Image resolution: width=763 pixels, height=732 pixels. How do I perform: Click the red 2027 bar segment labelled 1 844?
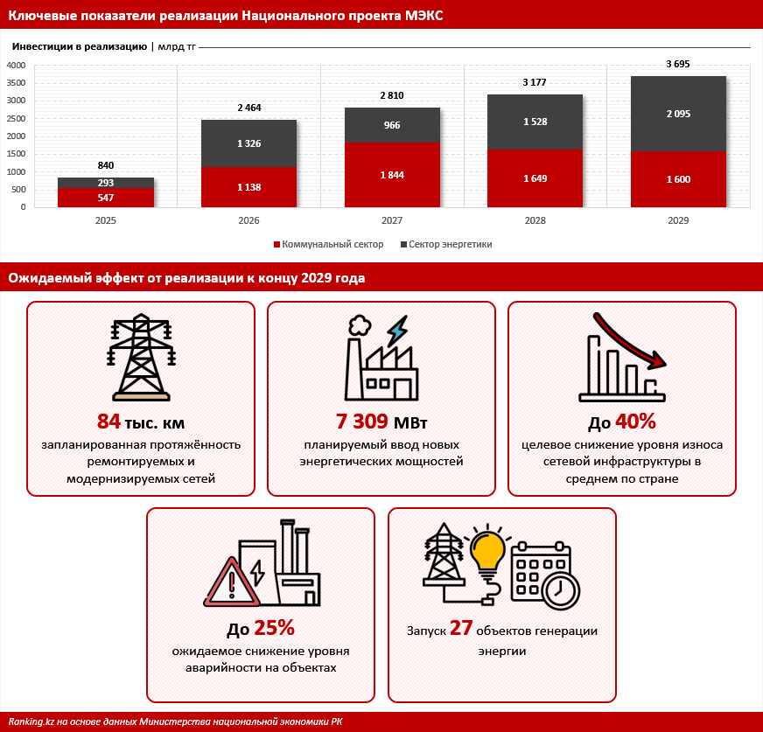tap(392, 175)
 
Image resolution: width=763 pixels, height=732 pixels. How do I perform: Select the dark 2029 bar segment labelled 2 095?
tap(678, 114)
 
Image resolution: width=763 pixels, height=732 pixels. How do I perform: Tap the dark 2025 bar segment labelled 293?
tap(106, 183)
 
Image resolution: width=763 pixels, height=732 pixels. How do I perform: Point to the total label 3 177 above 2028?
tap(535, 82)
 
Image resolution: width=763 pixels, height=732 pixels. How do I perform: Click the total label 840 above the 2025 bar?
tap(106, 165)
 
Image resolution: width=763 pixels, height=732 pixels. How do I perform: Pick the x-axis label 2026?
tap(248, 220)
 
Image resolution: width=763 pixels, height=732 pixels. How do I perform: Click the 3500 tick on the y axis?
tap(16, 83)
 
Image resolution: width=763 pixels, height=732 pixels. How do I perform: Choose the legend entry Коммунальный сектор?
tap(328, 244)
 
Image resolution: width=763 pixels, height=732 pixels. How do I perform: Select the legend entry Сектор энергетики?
tap(446, 244)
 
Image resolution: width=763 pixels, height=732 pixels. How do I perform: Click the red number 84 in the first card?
tap(108, 422)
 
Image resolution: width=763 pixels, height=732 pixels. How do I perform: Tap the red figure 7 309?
tap(362, 422)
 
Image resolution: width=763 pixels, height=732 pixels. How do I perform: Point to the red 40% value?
tap(635, 422)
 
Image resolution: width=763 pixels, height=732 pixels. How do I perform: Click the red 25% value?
tap(275, 628)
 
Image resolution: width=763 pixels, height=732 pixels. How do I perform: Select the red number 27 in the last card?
tap(461, 628)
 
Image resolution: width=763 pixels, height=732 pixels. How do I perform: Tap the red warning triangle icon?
tap(232, 582)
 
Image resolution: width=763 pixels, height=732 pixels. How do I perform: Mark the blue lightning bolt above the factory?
tap(397, 331)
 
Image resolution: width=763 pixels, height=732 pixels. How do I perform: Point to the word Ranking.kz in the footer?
tap(31, 722)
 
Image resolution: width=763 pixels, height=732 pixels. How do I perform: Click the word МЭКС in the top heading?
tap(423, 16)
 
